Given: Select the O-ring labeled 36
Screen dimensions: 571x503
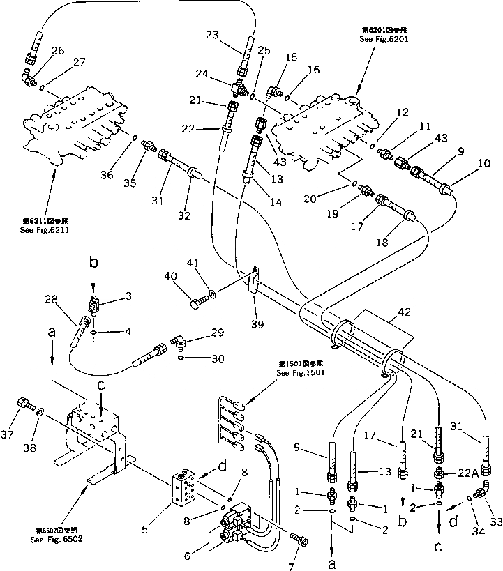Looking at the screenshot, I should click(133, 139).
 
